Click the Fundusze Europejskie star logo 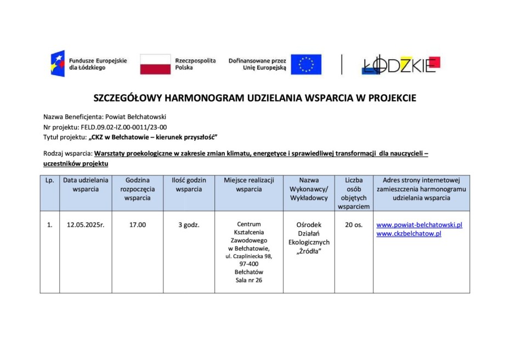pyautogui.click(x=58, y=64)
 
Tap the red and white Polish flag pyautogui.click(x=155, y=64)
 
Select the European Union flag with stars pyautogui.click(x=306, y=64)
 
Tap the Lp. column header pyautogui.click(x=50, y=180)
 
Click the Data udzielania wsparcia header pyautogui.click(x=86, y=185)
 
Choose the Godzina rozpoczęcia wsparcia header pyautogui.click(x=137, y=189)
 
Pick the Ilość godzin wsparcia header pyautogui.click(x=189, y=185)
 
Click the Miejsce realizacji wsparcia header pyautogui.click(x=248, y=185)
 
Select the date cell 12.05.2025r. pyautogui.click(x=86, y=225)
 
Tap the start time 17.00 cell pyautogui.click(x=137, y=225)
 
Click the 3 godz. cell pyautogui.click(x=189, y=225)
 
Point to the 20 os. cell pyautogui.click(x=354, y=225)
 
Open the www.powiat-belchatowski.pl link pyautogui.click(x=420, y=225)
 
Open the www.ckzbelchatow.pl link pyautogui.click(x=409, y=234)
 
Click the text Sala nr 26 pyautogui.click(x=248, y=281)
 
